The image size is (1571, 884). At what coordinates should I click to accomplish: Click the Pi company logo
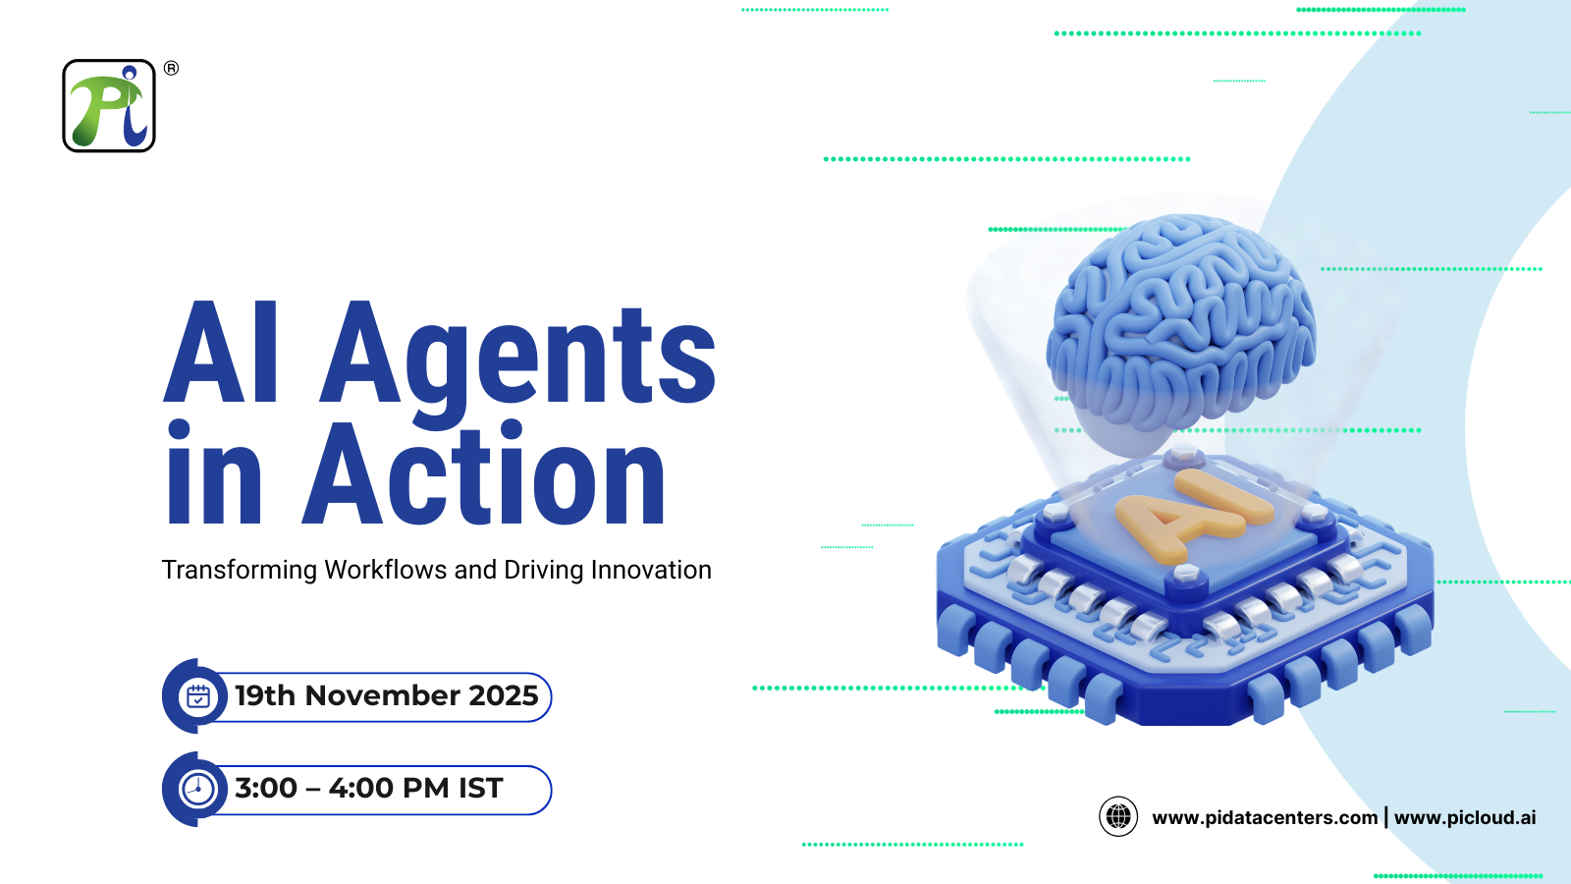tap(109, 106)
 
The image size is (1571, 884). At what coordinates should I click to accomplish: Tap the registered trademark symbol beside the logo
tap(171, 68)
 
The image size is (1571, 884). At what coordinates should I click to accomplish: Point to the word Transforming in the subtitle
tap(240, 571)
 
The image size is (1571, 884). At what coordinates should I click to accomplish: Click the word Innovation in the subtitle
tap(651, 571)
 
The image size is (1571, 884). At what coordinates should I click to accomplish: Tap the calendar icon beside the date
tap(198, 696)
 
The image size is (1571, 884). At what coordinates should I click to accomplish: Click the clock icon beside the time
tap(198, 789)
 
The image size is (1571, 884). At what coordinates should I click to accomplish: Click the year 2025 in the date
tap(504, 695)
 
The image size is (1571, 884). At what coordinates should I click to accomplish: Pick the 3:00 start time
tap(266, 788)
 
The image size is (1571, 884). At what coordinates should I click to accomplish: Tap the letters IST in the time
tap(480, 788)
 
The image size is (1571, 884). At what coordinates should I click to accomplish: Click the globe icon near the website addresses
tap(1118, 816)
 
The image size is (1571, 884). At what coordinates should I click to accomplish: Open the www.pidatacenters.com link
tap(1265, 817)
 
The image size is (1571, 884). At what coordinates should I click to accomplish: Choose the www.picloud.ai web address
tap(1465, 817)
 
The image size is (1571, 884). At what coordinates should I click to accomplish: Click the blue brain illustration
tap(1181, 319)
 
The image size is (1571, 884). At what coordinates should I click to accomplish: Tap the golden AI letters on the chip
tap(1193, 516)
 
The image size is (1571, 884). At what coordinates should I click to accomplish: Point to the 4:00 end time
tap(360, 788)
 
